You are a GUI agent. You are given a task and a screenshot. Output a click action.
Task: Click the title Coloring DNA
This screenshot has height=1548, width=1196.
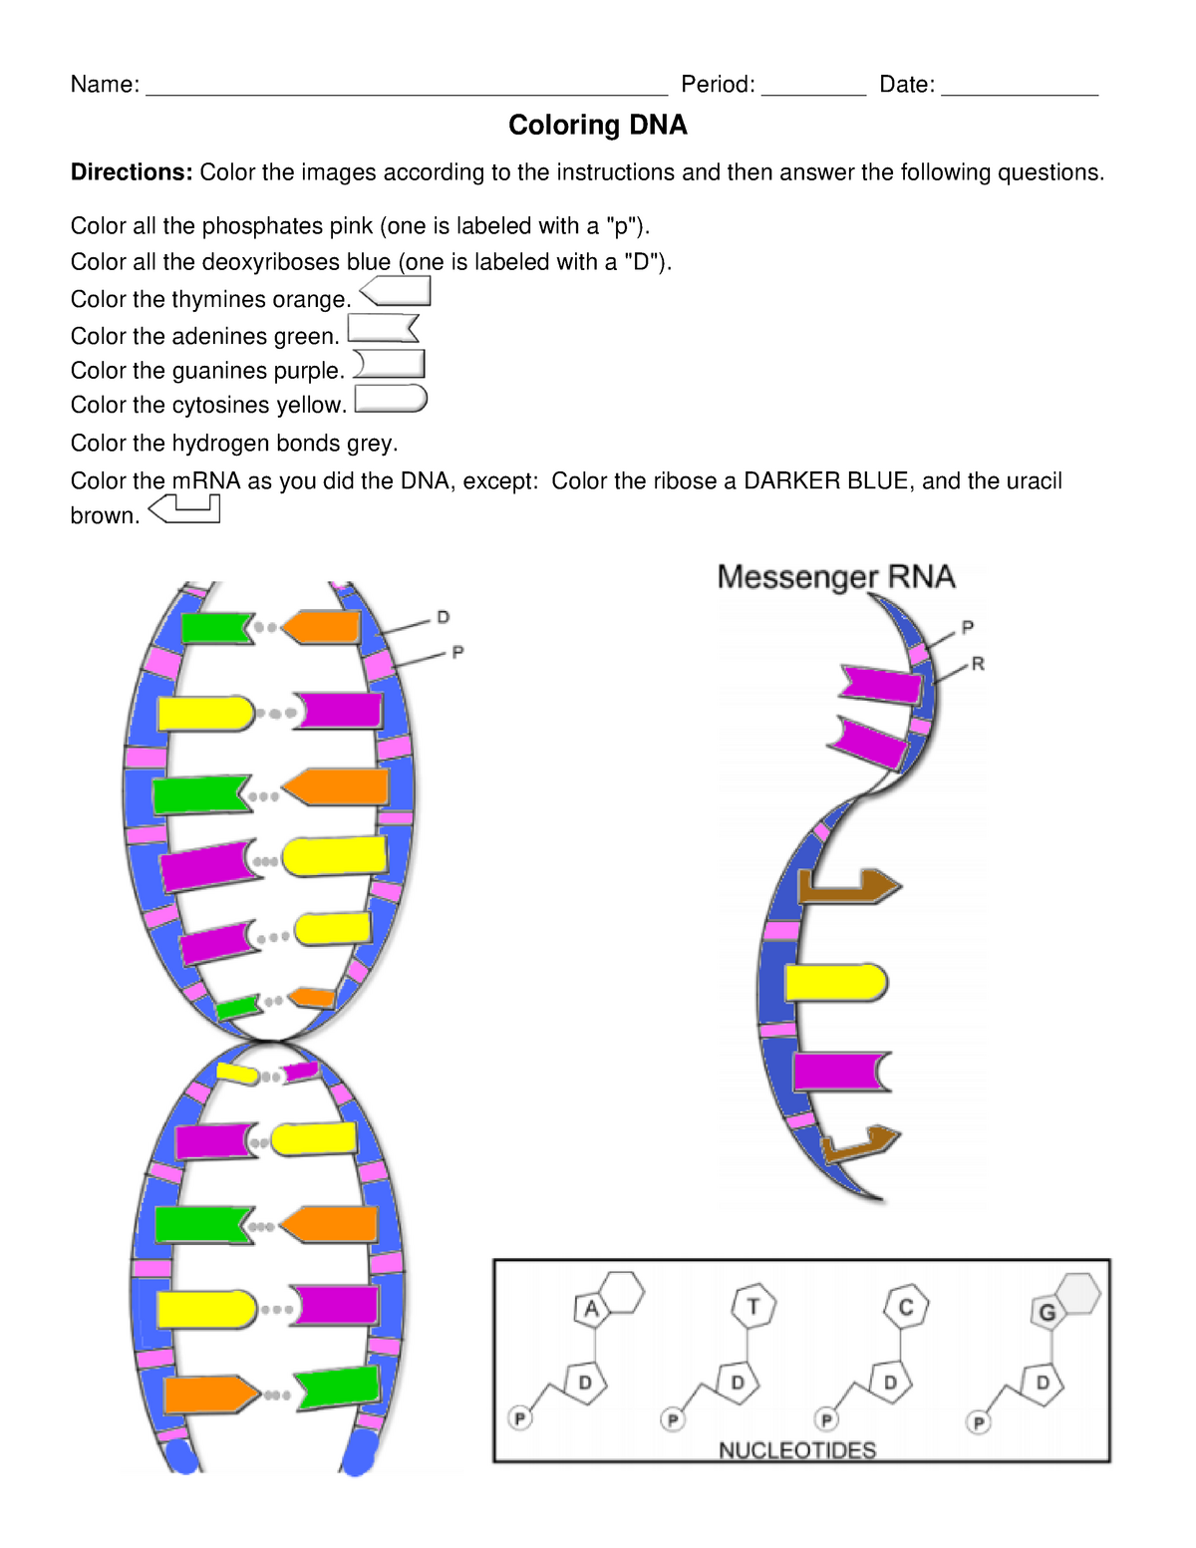(x=597, y=126)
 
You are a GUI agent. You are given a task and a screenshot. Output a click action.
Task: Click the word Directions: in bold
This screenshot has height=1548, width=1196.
(x=131, y=172)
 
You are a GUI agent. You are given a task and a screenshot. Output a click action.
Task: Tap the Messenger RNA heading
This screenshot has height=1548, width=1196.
(x=836, y=577)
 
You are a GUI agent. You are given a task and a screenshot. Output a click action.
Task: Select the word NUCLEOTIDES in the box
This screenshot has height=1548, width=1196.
(x=797, y=1450)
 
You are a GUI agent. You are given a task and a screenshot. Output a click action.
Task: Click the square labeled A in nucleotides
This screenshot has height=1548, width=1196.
(x=591, y=1309)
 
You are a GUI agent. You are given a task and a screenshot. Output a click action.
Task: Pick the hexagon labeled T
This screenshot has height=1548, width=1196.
(x=753, y=1306)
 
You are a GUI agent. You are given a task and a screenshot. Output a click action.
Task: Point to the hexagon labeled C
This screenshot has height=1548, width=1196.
(x=906, y=1307)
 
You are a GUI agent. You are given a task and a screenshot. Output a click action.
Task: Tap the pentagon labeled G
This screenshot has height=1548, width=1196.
(x=1046, y=1312)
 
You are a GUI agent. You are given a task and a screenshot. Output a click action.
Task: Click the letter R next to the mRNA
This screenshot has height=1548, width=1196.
(x=978, y=664)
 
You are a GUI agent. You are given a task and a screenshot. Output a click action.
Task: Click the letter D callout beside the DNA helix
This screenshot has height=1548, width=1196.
(x=444, y=618)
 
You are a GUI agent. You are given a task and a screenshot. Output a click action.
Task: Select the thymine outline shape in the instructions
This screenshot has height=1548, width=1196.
(x=396, y=291)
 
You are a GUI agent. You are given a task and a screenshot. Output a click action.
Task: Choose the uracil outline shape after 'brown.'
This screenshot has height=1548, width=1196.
(x=184, y=510)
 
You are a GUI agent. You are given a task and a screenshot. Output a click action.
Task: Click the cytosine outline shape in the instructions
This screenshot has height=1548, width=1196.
(x=391, y=399)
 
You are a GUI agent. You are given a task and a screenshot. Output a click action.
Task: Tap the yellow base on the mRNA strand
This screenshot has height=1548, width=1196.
(x=835, y=983)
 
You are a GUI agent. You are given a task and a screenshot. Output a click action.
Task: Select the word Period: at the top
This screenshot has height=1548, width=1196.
(x=718, y=85)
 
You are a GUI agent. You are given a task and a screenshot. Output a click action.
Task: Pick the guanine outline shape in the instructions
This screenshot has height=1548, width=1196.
(x=390, y=364)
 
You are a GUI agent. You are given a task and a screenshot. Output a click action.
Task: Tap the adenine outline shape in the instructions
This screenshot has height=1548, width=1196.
(x=383, y=328)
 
